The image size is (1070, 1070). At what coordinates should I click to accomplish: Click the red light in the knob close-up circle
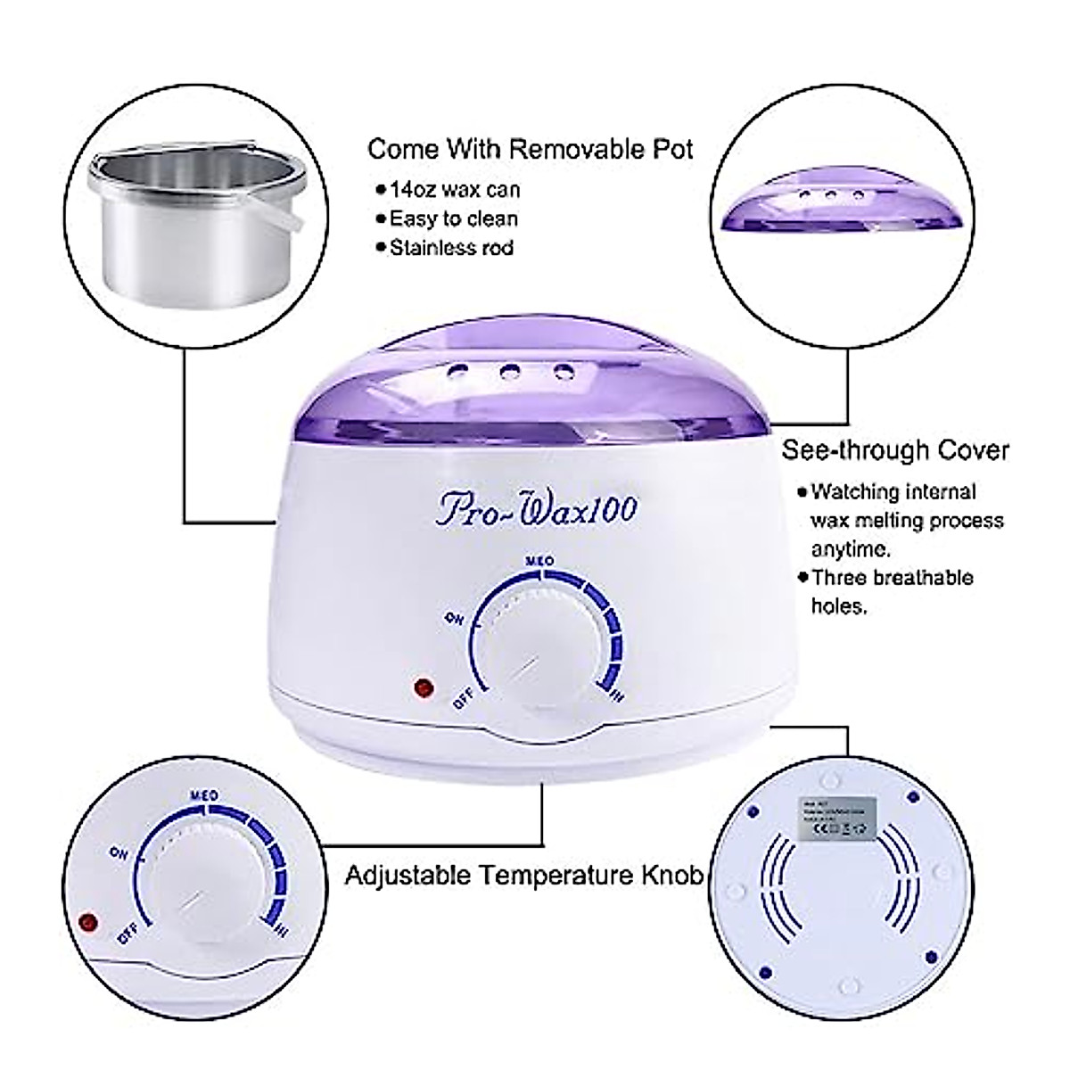87,921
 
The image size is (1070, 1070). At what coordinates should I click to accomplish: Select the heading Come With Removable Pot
531,149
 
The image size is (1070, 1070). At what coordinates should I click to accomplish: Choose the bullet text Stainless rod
451,247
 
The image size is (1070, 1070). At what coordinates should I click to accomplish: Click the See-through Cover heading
895,449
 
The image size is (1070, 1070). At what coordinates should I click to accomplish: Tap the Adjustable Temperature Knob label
523,875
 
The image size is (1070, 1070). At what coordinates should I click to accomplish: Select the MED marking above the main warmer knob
540,561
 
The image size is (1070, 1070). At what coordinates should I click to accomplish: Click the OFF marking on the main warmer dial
463,698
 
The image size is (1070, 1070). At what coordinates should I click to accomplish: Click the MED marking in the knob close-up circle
205,794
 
